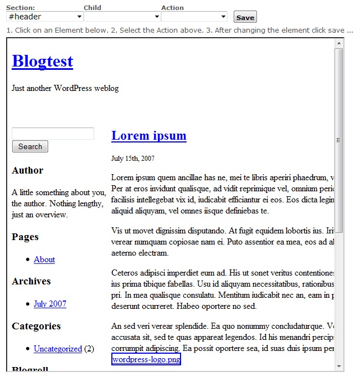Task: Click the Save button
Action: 245,17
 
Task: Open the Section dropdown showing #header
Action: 45,17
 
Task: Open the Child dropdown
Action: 122,17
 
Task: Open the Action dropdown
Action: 194,17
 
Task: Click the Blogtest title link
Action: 42,61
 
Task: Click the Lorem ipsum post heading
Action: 148,136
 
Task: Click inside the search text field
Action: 53,134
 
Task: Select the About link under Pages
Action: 44,259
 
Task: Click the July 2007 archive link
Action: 50,304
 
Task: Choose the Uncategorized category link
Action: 58,349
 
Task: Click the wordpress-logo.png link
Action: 146,360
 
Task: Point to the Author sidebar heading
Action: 27,170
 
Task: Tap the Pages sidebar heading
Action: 25,237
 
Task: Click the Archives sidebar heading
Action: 31,281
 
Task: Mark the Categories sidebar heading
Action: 36,326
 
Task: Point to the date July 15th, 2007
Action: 133,159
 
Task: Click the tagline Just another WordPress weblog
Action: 65,88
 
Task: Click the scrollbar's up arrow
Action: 339,43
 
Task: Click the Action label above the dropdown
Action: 172,8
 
